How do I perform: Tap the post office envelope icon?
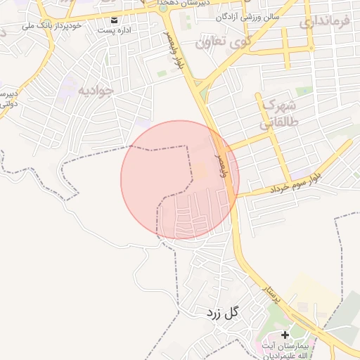[x=114, y=19]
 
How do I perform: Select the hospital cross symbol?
[x=285, y=335]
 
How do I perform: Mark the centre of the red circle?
[x=180, y=179]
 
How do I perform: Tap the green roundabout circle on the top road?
[x=163, y=8]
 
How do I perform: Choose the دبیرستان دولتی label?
[x=7, y=98]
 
